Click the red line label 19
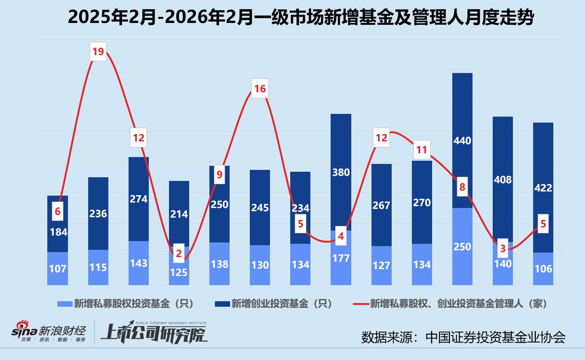click(98, 52)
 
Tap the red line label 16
click(260, 89)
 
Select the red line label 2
click(179, 253)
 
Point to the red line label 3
click(503, 248)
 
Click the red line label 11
click(422, 149)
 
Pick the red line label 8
click(462, 187)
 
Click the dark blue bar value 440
click(462, 141)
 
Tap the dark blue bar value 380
click(341, 172)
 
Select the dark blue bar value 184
click(58, 232)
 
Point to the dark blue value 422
click(543, 187)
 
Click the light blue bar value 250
click(462, 247)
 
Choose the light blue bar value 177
click(341, 259)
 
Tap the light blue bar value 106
click(543, 269)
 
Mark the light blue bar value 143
click(139, 263)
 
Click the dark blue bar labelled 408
click(503, 180)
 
